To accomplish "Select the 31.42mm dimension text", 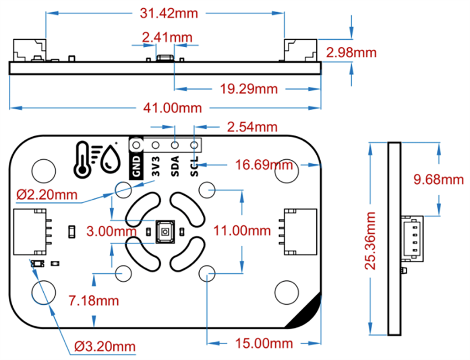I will [x=165, y=13].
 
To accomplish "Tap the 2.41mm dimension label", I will [x=167, y=38].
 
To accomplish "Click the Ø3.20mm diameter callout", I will [x=105, y=347].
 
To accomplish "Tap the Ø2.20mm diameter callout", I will [x=47, y=195].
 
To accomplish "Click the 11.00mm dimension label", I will [x=242, y=230].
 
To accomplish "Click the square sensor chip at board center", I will [x=164, y=231].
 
